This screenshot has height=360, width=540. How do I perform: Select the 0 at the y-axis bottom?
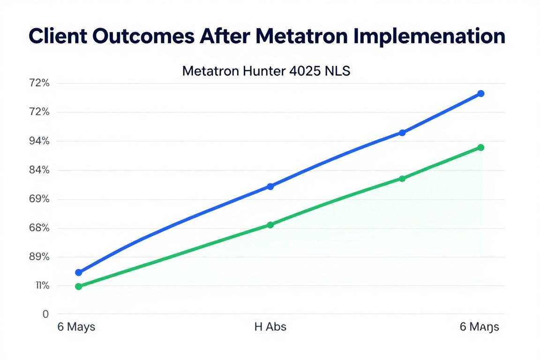(45, 315)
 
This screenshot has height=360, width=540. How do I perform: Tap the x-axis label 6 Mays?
(76, 327)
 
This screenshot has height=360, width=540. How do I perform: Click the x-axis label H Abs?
(270, 327)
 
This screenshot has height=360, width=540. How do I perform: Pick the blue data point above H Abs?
(270, 187)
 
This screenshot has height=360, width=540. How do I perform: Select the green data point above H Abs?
(270, 225)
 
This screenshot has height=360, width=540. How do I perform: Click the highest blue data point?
(481, 94)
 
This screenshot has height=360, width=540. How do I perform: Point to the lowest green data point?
(78, 286)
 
